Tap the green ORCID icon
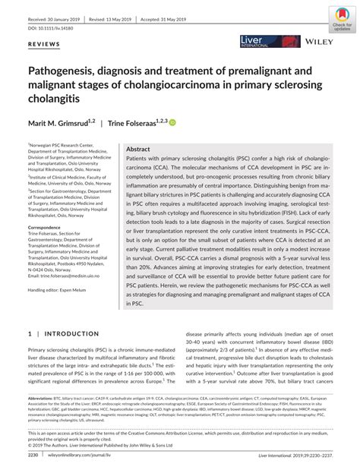coord(172,121)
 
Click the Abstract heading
coord(138,150)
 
